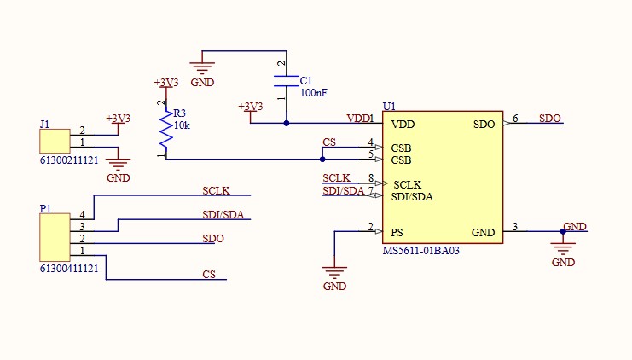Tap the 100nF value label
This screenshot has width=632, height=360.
(x=313, y=92)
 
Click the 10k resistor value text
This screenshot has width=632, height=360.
(x=182, y=125)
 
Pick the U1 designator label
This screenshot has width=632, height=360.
(x=389, y=106)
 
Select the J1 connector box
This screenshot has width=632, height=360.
(x=55, y=142)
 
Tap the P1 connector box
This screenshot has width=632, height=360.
(x=55, y=238)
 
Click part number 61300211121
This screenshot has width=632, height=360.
(x=68, y=160)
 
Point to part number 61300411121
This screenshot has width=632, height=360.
(x=68, y=268)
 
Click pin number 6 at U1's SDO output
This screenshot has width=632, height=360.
(x=515, y=118)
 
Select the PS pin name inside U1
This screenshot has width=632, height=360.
(x=397, y=232)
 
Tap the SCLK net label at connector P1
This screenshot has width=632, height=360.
(x=217, y=191)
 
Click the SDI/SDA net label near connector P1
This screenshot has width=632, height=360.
(x=224, y=215)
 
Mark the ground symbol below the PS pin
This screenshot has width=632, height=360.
(x=335, y=273)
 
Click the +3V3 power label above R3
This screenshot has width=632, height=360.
(x=165, y=83)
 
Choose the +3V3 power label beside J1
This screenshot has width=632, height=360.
(x=118, y=119)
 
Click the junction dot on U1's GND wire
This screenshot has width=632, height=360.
(x=563, y=231)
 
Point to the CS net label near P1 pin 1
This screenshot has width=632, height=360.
(x=209, y=275)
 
